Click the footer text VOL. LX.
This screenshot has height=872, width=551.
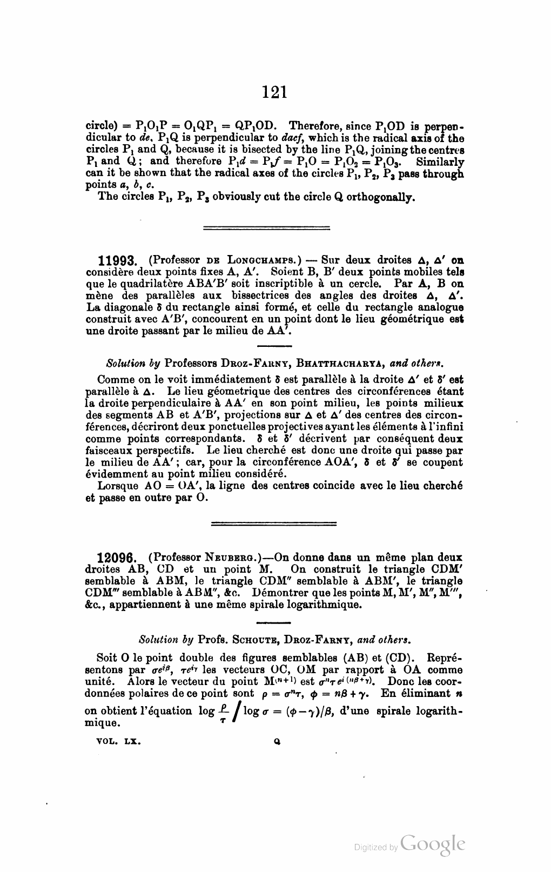pos(119,742)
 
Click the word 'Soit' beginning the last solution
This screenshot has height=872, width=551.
pos(107,658)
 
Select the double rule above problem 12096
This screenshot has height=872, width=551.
pos(273,523)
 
